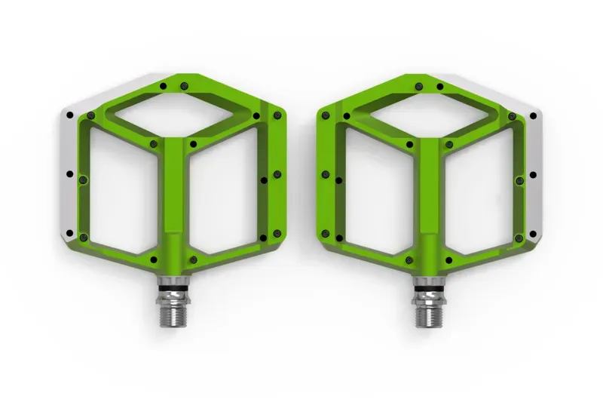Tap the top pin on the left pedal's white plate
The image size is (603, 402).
[69, 115]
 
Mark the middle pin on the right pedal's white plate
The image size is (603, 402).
[533, 174]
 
